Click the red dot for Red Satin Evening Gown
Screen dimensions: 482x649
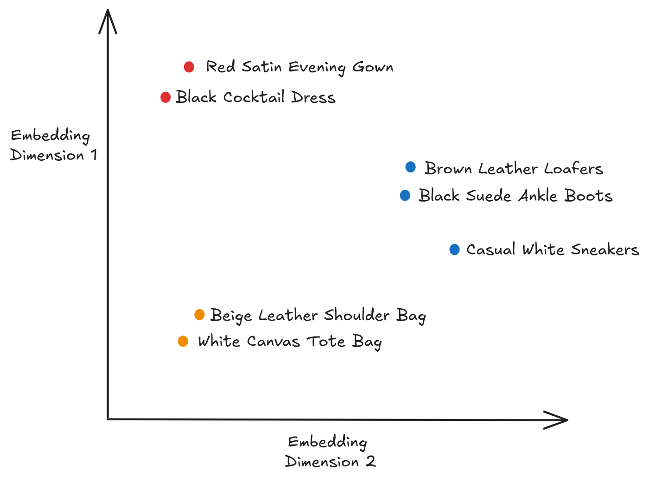[189, 67]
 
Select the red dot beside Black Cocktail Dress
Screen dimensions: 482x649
[165, 97]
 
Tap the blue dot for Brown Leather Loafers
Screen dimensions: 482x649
[410, 166]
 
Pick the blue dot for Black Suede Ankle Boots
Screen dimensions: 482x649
[405, 195]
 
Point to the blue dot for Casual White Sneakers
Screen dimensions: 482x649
[454, 249]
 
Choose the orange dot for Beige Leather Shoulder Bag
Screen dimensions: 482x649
[199, 315]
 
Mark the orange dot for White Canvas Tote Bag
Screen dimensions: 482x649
[183, 341]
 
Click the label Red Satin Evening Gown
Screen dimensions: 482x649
[299, 67]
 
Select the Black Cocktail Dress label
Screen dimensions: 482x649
[255, 97]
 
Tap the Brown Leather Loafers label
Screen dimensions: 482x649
[514, 168]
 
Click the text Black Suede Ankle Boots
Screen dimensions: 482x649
[515, 196]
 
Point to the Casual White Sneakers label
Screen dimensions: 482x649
[552, 249]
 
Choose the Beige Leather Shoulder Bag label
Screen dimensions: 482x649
[318, 315]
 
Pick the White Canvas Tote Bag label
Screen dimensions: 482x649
[290, 342]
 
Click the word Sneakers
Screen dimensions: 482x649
[604, 249]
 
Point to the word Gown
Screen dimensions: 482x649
[373, 67]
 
